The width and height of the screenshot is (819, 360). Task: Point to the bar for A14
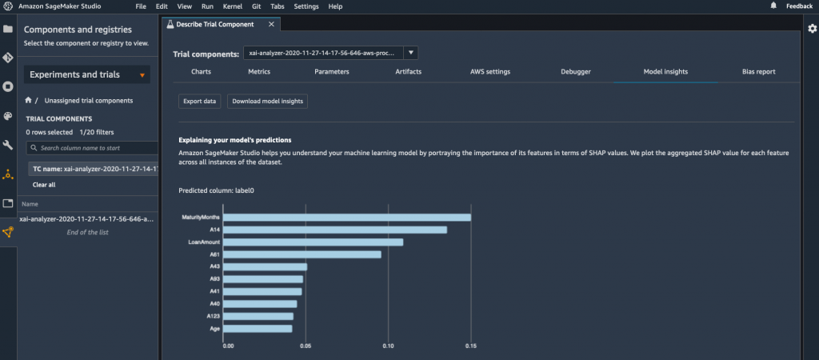[x=336, y=230]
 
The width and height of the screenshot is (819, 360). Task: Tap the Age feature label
[x=215, y=328]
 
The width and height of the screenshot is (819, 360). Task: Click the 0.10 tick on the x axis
[x=388, y=346]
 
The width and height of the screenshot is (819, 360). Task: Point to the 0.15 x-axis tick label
[x=470, y=346]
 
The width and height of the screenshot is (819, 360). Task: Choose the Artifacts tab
[x=408, y=71]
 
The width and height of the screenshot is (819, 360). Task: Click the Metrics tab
[x=259, y=71]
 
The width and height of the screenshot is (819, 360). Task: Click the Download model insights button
[x=267, y=102]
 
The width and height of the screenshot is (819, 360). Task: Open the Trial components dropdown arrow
[x=410, y=53]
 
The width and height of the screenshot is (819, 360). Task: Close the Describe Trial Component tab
[x=271, y=25]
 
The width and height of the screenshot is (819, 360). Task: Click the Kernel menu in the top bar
[x=232, y=6]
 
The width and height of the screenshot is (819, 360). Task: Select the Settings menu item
[x=306, y=6]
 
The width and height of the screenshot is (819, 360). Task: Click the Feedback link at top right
[x=799, y=6]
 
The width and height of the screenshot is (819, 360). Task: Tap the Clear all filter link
[x=44, y=185]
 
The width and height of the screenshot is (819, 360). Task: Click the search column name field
[x=96, y=148]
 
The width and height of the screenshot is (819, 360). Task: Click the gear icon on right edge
[x=812, y=29]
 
